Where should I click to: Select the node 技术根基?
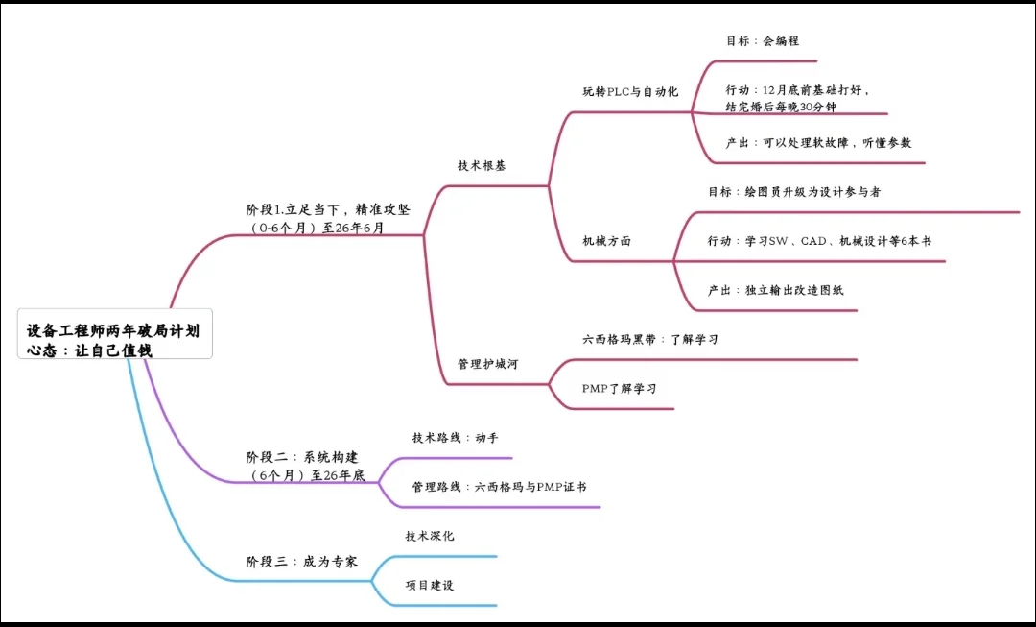click(x=482, y=165)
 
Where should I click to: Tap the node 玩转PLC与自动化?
click(x=630, y=92)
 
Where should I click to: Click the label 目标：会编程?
click(x=763, y=41)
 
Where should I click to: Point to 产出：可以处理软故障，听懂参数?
click(x=818, y=142)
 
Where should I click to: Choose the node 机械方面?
click(x=607, y=241)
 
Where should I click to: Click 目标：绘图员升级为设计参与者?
click(x=794, y=192)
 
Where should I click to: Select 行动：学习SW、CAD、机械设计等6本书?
click(x=819, y=241)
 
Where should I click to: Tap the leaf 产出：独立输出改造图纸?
click(x=776, y=290)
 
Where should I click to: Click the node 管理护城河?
click(x=488, y=365)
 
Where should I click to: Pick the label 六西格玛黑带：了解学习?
click(x=650, y=340)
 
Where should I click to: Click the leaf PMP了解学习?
click(x=619, y=389)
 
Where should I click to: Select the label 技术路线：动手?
click(x=456, y=438)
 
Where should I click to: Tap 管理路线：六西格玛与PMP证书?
click(x=499, y=487)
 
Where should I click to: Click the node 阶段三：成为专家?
click(x=302, y=562)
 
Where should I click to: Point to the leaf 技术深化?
click(x=430, y=536)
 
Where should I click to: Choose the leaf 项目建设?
click(x=430, y=585)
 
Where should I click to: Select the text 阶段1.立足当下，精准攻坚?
click(x=327, y=209)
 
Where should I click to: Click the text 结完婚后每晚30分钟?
click(x=781, y=107)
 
